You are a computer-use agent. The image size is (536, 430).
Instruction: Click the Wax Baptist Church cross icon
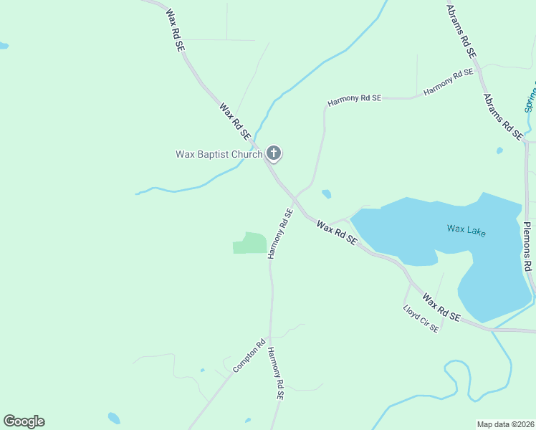click(273, 153)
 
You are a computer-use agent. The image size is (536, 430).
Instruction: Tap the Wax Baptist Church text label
click(219, 154)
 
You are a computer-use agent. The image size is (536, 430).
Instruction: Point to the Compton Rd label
click(249, 355)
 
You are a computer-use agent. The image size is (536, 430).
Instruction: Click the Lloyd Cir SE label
click(421, 320)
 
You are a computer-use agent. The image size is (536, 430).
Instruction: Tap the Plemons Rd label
click(527, 246)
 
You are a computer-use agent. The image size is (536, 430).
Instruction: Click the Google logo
click(24, 421)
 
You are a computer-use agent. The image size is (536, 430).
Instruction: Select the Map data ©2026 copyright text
click(505, 424)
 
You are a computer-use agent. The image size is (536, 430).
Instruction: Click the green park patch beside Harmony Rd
click(250, 243)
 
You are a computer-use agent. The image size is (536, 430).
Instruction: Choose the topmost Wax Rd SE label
click(175, 29)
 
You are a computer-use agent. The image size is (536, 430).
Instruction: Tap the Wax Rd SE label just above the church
click(235, 121)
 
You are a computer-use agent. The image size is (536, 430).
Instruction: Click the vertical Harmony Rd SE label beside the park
click(280, 234)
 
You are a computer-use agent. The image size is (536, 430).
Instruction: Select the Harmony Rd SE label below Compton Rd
click(276, 374)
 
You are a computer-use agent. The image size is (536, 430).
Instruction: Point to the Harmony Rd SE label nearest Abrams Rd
click(449, 82)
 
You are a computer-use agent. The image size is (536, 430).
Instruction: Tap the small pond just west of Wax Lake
click(327, 193)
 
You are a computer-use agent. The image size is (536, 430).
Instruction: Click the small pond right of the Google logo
click(113, 418)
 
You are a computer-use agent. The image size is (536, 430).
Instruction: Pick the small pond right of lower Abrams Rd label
click(499, 151)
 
